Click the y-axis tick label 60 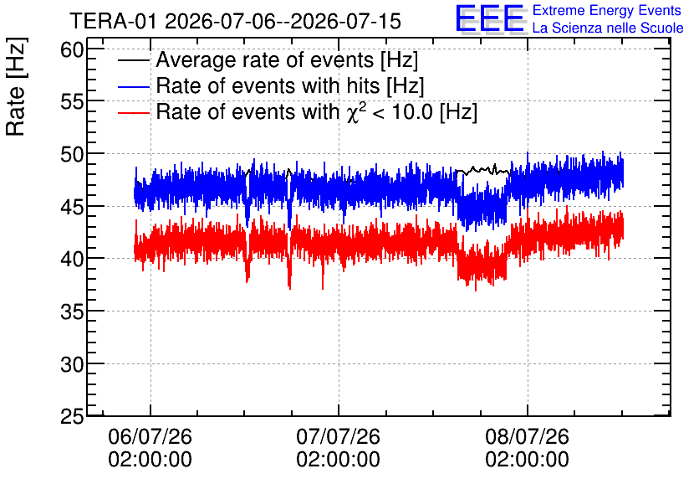tap(72, 49)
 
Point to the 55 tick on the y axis tap(72, 102)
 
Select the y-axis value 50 tap(72, 154)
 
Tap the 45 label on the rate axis tap(72, 206)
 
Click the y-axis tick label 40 tap(72, 259)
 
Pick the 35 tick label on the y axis tap(72, 312)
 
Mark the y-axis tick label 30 tap(72, 363)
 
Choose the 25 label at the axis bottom tap(72, 416)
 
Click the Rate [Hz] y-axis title tap(16, 86)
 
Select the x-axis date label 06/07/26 tap(151, 435)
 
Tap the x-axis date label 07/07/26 tap(339, 435)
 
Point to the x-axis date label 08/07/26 tap(527, 435)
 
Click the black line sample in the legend tap(134, 60)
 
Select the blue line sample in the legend tap(134, 86)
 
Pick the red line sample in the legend tap(134, 112)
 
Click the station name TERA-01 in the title tap(114, 21)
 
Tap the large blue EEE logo tap(490, 18)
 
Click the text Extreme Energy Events tap(607, 10)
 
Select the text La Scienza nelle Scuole tap(608, 28)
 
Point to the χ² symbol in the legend tap(355, 113)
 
